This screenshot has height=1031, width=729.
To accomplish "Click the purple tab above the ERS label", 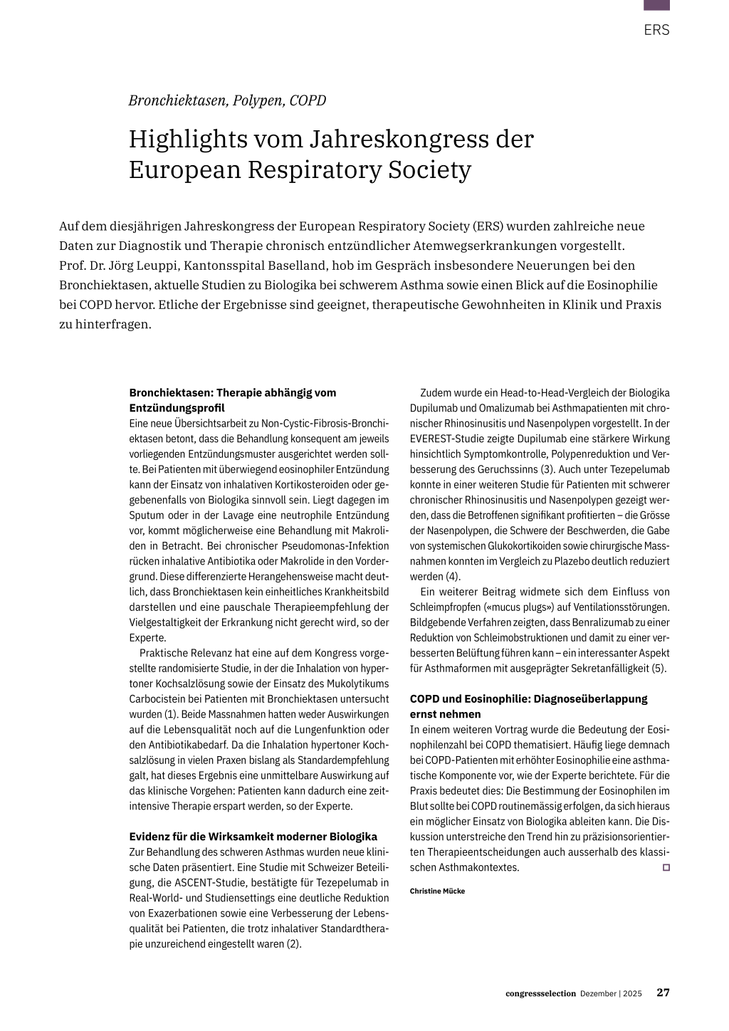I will point(656,5).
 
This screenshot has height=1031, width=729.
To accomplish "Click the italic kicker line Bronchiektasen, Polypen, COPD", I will point(227,100).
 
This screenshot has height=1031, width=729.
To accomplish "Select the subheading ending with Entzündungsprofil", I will point(232,400).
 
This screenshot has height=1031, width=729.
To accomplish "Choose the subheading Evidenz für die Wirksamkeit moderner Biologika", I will point(253,837).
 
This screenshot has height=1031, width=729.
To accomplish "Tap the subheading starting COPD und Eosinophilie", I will point(528,706).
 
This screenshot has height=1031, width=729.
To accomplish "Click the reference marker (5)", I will point(659,669).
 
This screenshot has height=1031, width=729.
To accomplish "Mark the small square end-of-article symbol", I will point(666,867).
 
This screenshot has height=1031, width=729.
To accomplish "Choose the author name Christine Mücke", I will point(437,891).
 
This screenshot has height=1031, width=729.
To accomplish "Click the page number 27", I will point(663,993).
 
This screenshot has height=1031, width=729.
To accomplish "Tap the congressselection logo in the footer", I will point(540,994).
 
